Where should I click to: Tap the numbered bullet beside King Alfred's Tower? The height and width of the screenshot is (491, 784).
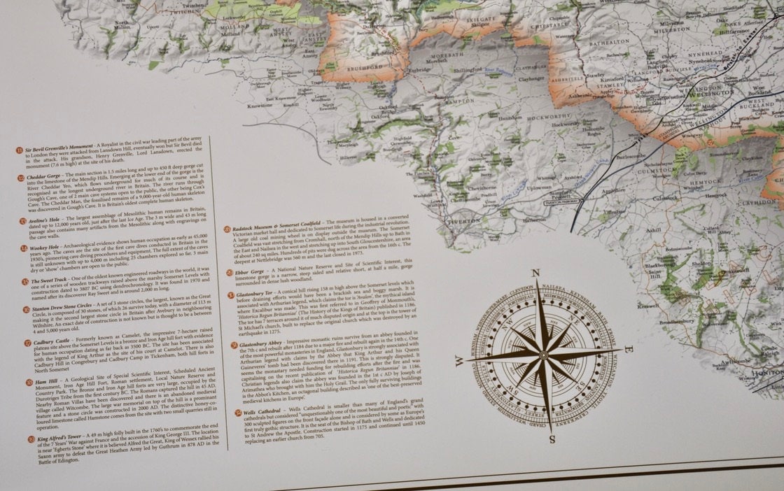tap(31, 440)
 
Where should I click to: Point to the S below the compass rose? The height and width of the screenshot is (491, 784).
tap(552, 439)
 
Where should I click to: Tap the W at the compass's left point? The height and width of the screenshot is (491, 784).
tap(459, 360)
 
